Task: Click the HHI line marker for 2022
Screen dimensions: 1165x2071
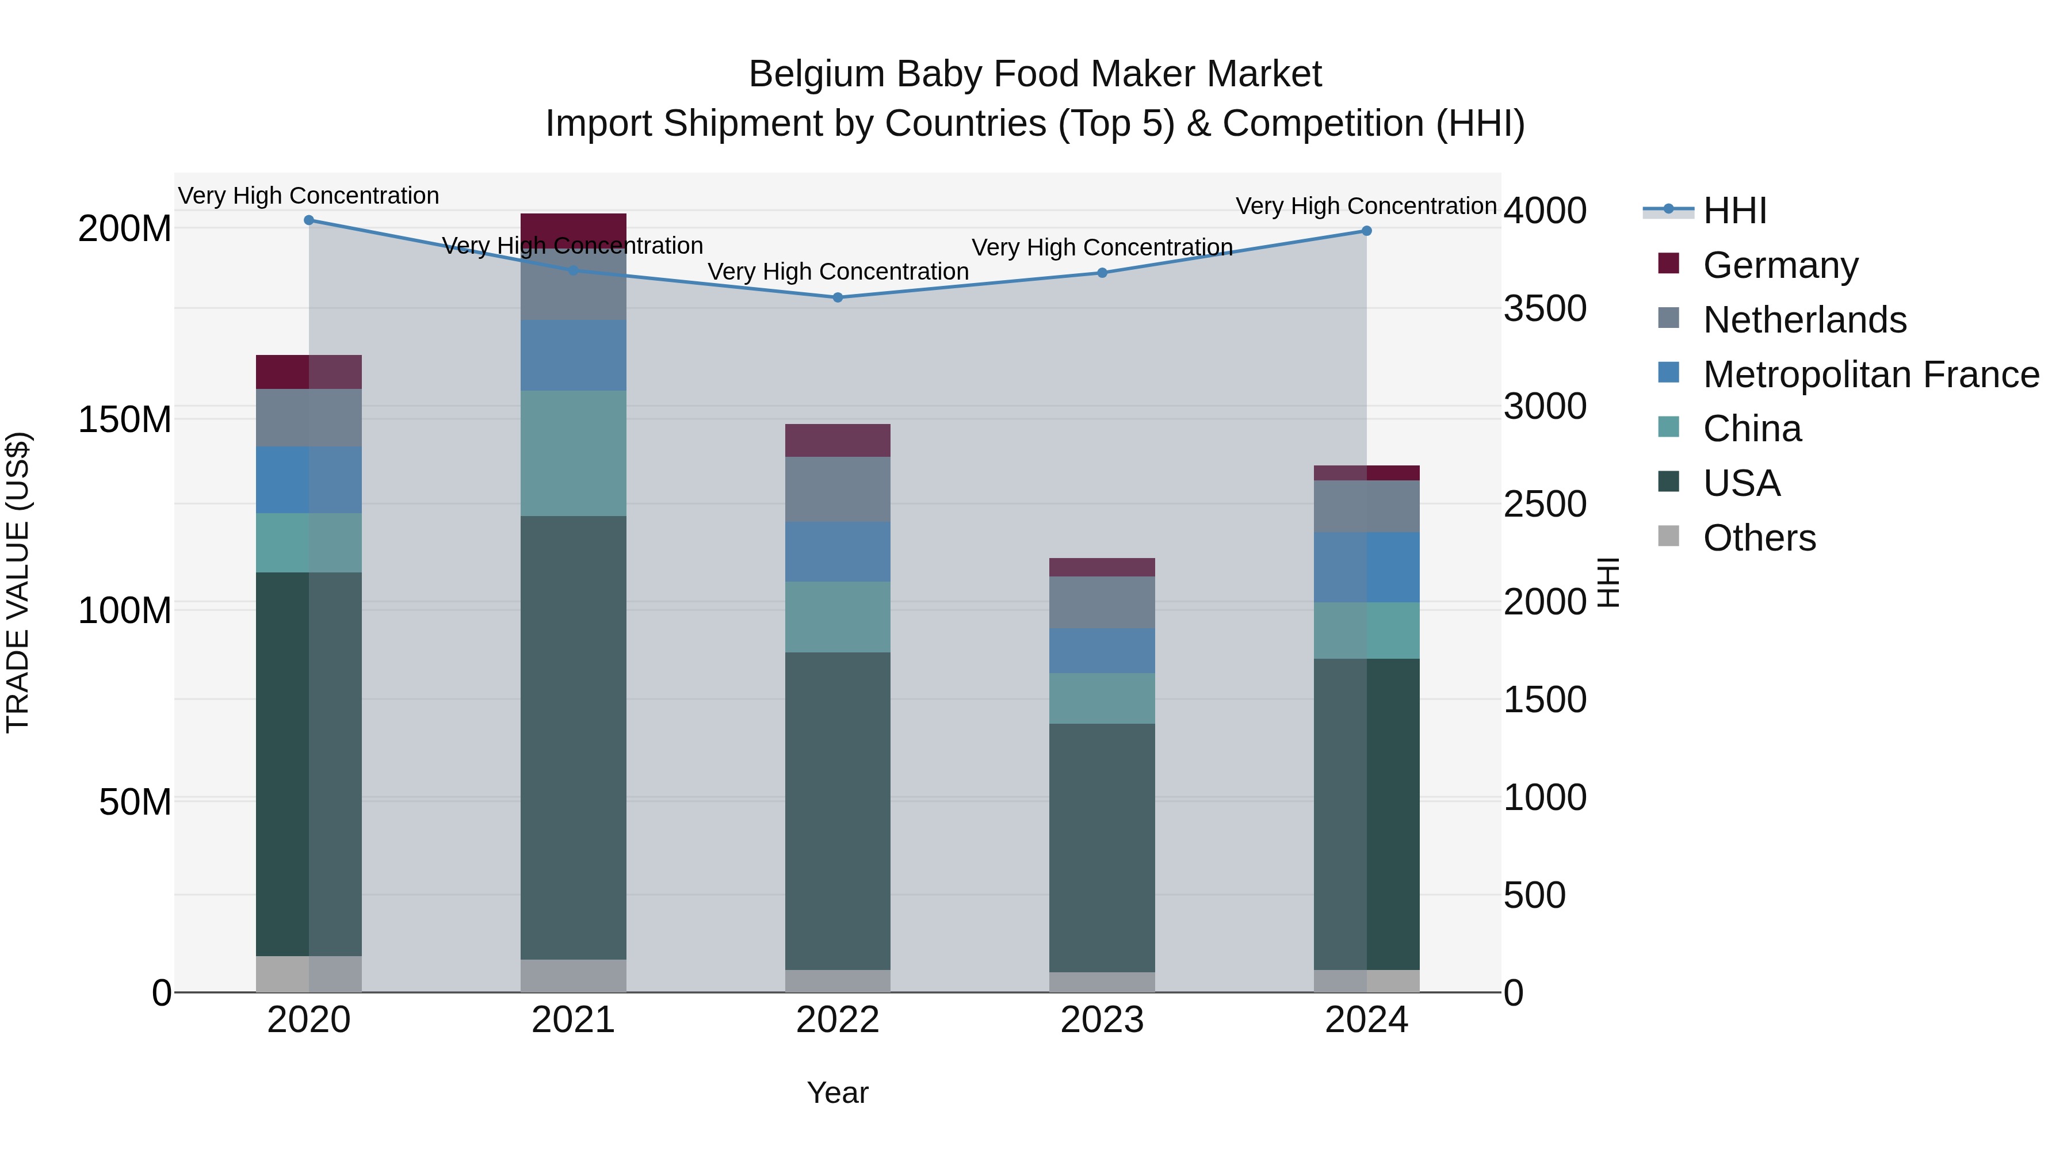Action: pyautogui.click(x=837, y=297)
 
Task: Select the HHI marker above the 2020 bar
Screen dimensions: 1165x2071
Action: pyautogui.click(x=309, y=220)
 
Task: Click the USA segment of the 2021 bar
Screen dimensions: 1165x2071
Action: pyautogui.click(x=573, y=738)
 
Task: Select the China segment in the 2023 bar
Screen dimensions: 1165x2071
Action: pyautogui.click(x=1102, y=698)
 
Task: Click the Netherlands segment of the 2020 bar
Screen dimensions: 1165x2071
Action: pyautogui.click(x=309, y=418)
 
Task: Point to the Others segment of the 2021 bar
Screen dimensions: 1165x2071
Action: pyautogui.click(x=573, y=975)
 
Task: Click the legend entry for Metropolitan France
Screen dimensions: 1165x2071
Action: pyautogui.click(x=1870, y=375)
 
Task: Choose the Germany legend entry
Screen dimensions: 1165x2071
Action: pyautogui.click(x=1780, y=265)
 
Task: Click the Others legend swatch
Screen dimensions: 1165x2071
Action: pyautogui.click(x=1668, y=536)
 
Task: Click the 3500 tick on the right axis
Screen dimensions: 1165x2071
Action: pyautogui.click(x=1545, y=309)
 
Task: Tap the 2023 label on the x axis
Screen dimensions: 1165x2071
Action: pyautogui.click(x=1102, y=1020)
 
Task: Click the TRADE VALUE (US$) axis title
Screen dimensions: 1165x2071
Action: pyautogui.click(x=18, y=582)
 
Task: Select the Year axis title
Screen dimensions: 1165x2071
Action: pyautogui.click(x=837, y=1093)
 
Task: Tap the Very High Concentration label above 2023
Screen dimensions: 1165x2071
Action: pyautogui.click(x=1102, y=247)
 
